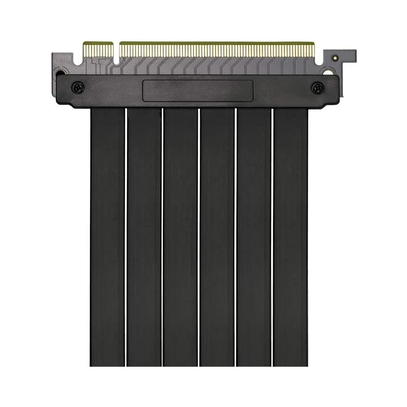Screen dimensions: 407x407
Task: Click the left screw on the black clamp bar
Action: click(x=78, y=87)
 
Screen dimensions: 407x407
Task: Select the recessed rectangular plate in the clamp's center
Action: click(x=198, y=90)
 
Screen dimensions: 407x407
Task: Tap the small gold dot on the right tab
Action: click(x=335, y=58)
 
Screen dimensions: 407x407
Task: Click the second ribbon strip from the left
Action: click(x=144, y=236)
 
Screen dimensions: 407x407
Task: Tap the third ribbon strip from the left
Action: click(x=181, y=236)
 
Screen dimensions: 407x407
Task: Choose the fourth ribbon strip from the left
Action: click(x=217, y=236)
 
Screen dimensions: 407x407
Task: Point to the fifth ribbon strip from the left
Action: click(x=254, y=236)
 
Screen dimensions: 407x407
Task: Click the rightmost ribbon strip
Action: click(x=291, y=236)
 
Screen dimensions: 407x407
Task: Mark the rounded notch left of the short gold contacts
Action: click(x=79, y=61)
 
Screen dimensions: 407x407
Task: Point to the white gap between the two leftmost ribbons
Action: click(x=126, y=236)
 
